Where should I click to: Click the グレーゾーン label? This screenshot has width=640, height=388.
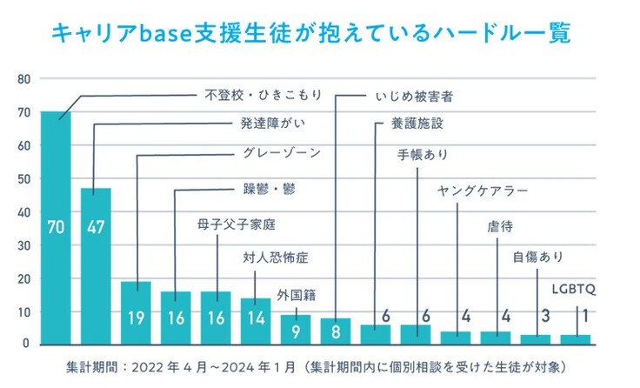(x=282, y=153)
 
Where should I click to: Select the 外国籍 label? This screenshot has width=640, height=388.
(x=295, y=293)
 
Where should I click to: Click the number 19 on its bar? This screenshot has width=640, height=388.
(x=136, y=318)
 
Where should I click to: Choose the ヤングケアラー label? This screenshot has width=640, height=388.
(x=483, y=191)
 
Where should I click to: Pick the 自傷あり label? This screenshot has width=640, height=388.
(x=538, y=257)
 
